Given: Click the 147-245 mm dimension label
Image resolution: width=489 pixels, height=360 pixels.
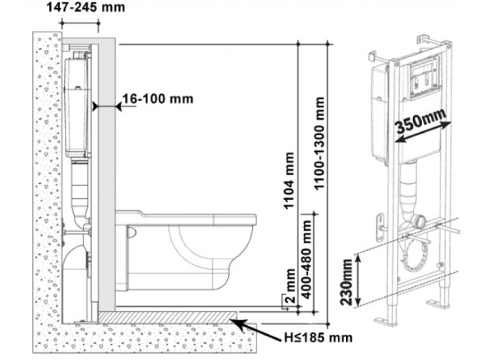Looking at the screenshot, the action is [x=85, y=7].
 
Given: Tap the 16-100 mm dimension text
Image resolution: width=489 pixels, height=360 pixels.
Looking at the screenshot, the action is [x=157, y=99].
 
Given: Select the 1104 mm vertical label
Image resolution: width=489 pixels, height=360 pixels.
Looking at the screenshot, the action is [x=289, y=180].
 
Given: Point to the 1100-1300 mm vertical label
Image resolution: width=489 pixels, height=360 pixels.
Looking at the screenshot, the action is [x=319, y=143].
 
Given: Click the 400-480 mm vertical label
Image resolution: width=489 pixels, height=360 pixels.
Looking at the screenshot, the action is [x=306, y=259].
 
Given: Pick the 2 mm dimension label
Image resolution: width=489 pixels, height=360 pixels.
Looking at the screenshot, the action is [x=291, y=286].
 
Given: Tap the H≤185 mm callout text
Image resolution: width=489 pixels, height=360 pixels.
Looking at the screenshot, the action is [x=318, y=337].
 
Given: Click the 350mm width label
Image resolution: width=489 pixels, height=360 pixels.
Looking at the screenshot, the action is [x=421, y=120].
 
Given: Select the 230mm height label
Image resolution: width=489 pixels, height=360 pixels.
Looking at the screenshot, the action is [x=346, y=283].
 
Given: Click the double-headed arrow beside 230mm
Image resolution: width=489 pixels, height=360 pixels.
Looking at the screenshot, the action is [x=358, y=280].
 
